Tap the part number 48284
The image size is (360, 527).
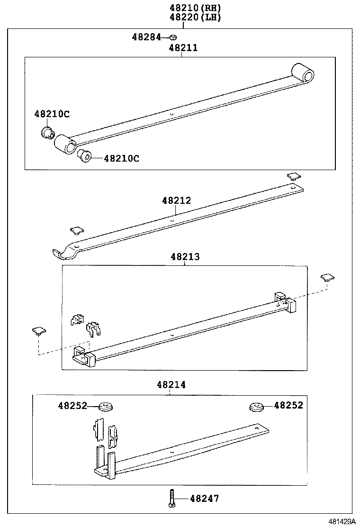click(146, 37)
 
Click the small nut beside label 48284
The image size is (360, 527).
click(173, 37)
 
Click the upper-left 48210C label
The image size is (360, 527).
click(52, 114)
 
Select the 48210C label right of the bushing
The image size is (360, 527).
click(121, 158)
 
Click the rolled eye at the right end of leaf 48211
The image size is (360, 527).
click(303, 74)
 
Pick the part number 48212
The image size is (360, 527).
click(176, 200)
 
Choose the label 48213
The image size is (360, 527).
click(185, 257)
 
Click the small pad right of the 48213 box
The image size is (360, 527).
click(327, 277)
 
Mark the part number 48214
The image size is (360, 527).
click(171, 385)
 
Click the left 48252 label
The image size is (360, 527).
click(72, 405)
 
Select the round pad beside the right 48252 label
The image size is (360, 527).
click(257, 407)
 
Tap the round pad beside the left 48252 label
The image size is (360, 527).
click(106, 407)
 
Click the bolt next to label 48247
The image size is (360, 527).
click(171, 499)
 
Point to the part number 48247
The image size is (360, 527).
click(205, 499)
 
